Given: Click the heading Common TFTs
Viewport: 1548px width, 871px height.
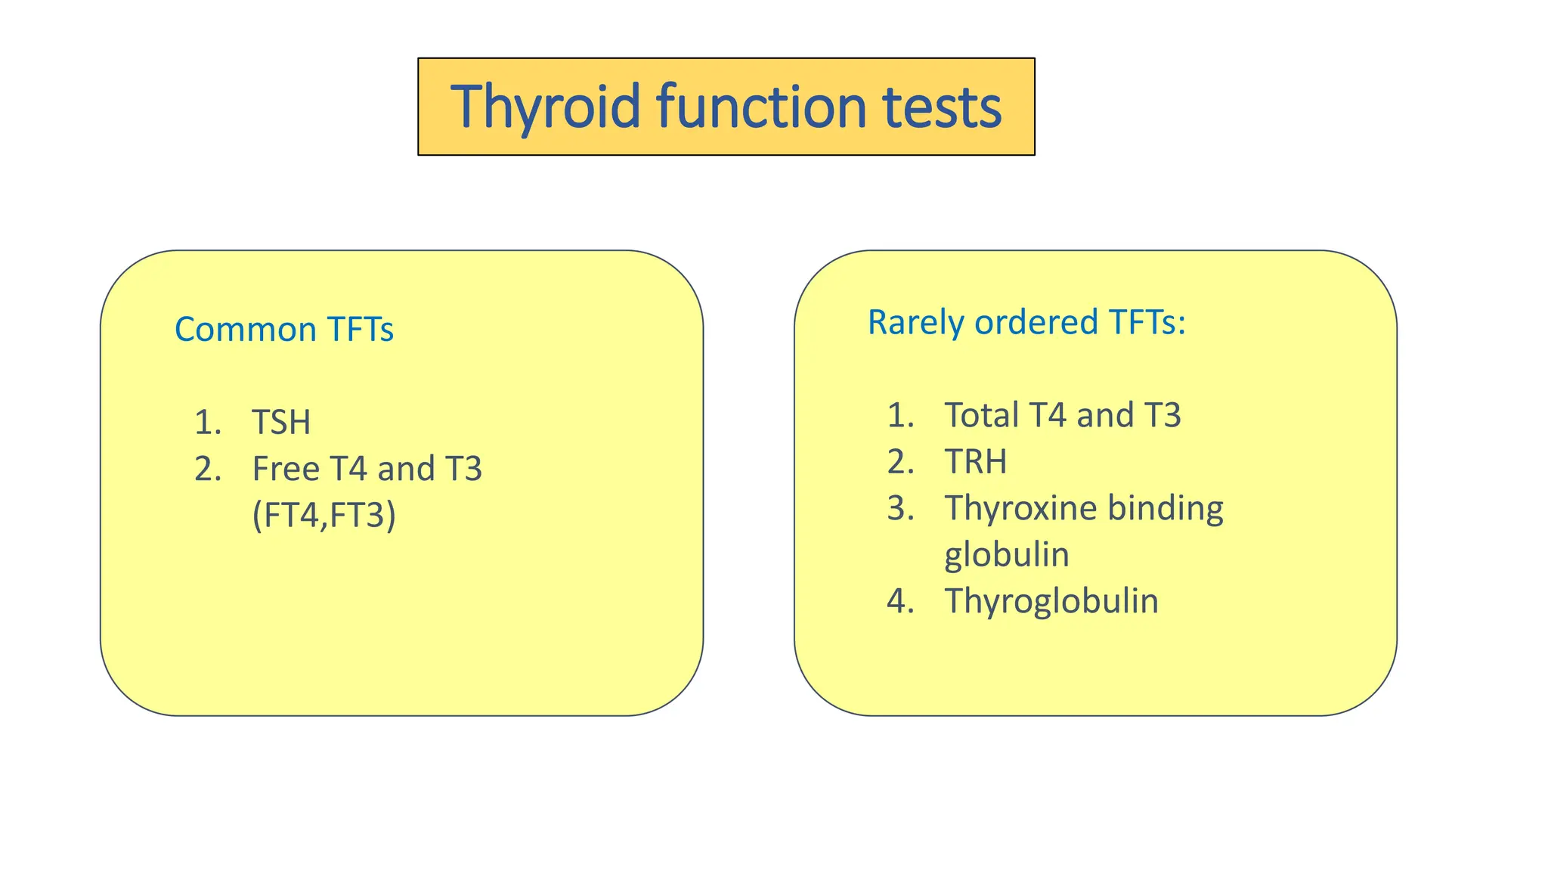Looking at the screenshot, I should point(283,330).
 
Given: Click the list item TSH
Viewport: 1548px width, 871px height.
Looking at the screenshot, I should point(281,423).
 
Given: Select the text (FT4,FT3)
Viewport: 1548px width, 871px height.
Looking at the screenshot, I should point(324,516).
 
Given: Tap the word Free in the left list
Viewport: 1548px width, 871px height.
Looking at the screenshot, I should point(286,469).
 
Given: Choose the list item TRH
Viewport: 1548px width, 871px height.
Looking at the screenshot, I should point(975,462).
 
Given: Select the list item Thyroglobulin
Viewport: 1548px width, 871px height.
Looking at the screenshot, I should point(1051,602).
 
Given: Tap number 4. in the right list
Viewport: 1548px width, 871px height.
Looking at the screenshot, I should point(900,602).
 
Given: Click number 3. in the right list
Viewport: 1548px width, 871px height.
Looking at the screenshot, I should point(900,509).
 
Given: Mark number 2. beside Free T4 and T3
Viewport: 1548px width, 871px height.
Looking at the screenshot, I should point(207,470).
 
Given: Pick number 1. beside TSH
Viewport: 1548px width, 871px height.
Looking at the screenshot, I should point(207,423).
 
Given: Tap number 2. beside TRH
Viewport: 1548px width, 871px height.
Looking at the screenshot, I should point(900,462).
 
